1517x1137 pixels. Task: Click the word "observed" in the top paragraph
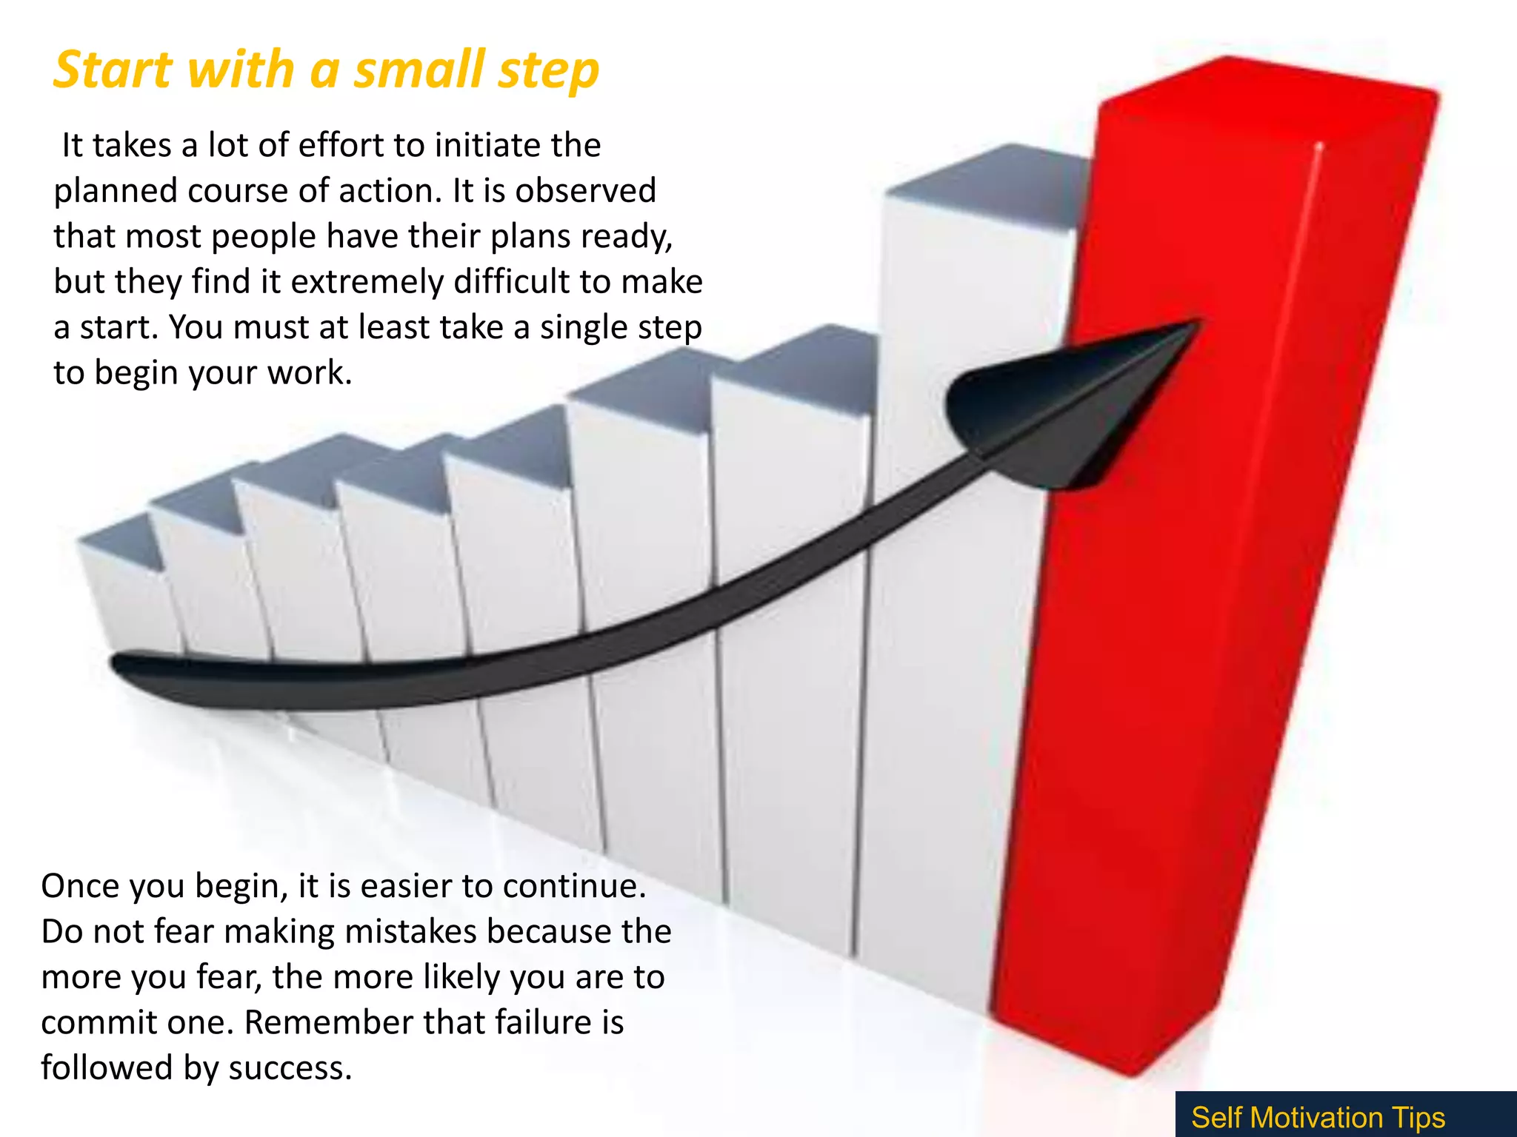coord(586,191)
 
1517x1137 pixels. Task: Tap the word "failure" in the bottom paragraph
coord(540,1023)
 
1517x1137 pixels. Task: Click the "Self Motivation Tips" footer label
coord(1318,1117)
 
